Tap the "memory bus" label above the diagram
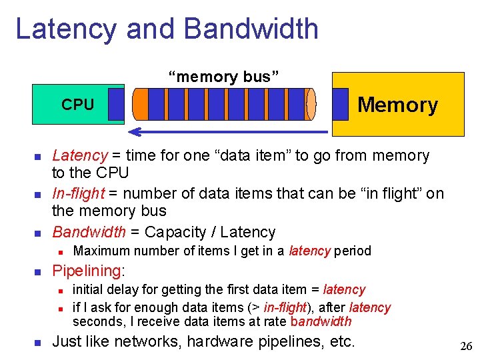tap(223, 77)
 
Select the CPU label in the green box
tap(78, 105)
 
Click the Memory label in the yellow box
tap(397, 105)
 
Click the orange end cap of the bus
tap(140, 104)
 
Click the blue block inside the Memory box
tap(340, 104)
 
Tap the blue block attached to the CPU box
tap(116, 104)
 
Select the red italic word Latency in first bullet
tap(79, 156)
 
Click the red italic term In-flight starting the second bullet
tap(78, 194)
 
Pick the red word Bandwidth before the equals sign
tap(89, 233)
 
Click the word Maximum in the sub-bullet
tap(99, 251)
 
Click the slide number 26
tap(466, 346)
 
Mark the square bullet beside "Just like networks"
tap(38, 343)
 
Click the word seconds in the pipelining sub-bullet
tap(93, 321)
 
